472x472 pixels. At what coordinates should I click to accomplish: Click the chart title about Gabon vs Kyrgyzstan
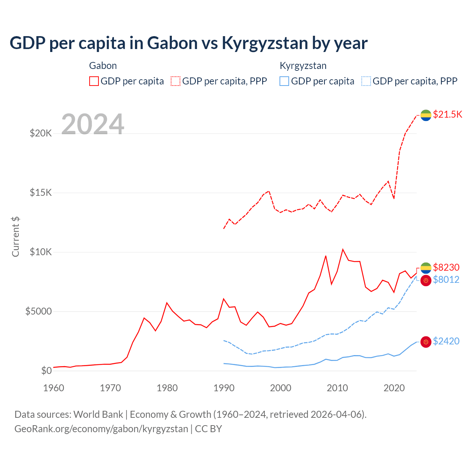point(188,43)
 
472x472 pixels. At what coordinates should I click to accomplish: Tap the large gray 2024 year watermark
point(93,124)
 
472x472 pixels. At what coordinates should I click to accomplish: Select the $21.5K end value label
point(447,114)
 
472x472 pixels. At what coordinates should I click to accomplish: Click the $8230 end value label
point(446,267)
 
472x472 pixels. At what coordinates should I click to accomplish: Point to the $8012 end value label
point(446,280)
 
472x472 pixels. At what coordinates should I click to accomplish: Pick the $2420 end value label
point(446,341)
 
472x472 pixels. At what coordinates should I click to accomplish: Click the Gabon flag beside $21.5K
point(426,115)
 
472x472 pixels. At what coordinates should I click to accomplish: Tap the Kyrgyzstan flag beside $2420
point(426,342)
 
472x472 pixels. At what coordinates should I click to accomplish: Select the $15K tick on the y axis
point(41,192)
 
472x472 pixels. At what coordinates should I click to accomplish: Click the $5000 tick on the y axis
point(38,311)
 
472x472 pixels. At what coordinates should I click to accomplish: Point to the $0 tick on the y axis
point(46,371)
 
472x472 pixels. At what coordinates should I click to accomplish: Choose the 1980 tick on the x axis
point(167,388)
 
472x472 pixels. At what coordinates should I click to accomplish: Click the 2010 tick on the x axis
point(337,388)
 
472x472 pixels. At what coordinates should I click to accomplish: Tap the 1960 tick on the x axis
point(54,388)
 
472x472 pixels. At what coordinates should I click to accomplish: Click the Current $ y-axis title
point(15,237)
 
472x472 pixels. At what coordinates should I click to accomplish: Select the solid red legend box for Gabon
point(94,81)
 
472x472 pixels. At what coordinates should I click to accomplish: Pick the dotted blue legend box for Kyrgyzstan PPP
point(366,81)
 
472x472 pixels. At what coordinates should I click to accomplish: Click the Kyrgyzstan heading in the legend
point(303,66)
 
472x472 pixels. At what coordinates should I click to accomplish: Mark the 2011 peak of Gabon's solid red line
point(343,249)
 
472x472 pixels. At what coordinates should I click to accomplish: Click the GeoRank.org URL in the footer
point(101,429)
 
